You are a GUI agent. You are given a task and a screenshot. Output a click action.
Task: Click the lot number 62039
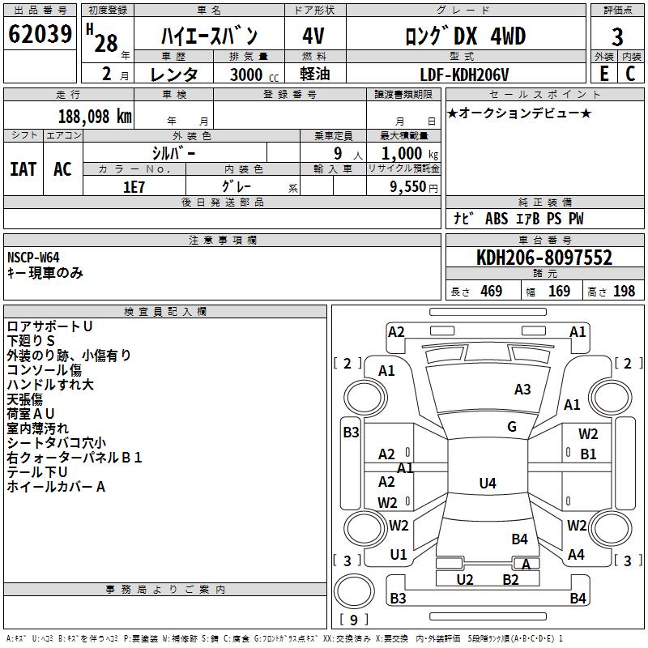[40, 36]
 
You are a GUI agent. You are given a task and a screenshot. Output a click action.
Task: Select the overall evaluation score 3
[617, 36]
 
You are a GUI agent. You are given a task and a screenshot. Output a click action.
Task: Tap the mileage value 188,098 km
[95, 116]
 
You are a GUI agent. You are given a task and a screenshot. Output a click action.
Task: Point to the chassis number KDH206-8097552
[544, 258]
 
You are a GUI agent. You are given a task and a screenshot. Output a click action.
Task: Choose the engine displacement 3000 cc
[248, 75]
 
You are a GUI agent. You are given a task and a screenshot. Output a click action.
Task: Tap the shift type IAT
[23, 169]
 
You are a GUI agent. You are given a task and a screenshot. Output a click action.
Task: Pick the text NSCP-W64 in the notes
[33, 258]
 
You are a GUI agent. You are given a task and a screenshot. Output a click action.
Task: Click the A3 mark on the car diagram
[522, 390]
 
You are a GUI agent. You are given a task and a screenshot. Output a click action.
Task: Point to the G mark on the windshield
[512, 427]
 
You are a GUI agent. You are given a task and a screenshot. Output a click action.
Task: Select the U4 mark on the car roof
[487, 484]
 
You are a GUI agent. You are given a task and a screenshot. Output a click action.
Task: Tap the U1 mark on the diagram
[399, 555]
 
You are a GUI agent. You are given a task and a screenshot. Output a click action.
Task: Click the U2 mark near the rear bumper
[465, 579]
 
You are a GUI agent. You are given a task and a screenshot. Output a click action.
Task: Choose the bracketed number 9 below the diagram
[353, 620]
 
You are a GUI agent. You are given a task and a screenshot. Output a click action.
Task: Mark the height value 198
[624, 292]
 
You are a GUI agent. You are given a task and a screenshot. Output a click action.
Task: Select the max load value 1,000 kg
[403, 153]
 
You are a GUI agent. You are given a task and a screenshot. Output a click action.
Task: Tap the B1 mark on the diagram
[588, 454]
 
